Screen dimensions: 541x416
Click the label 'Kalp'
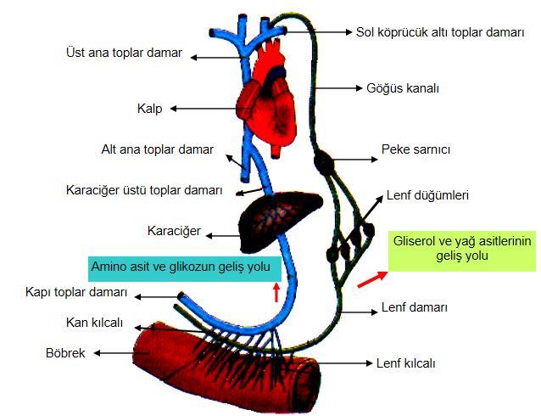coord(150,109)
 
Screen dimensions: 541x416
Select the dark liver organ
coord(280,219)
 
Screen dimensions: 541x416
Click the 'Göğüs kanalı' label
coord(403,88)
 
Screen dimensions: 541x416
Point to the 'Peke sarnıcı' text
coord(416,149)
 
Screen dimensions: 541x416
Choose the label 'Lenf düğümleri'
coord(427,195)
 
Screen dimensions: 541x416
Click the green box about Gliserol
coord(462,250)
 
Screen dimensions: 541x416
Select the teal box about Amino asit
coord(185,268)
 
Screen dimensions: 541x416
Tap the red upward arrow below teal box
coord(276,292)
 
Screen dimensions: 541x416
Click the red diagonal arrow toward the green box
coord(372,279)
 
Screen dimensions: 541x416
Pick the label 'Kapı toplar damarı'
coord(76,292)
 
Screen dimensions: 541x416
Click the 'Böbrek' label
coord(65,353)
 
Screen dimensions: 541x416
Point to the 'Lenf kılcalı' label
coord(405,363)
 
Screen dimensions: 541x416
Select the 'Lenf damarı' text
coord(414,307)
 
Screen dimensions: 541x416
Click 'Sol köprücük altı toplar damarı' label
coord(440,32)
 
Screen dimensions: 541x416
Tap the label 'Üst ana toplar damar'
coord(124,53)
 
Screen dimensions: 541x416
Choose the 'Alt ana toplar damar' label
coord(158,149)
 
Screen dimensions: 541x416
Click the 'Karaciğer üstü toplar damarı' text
coord(144,190)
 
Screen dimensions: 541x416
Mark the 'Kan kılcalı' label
coord(94,323)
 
